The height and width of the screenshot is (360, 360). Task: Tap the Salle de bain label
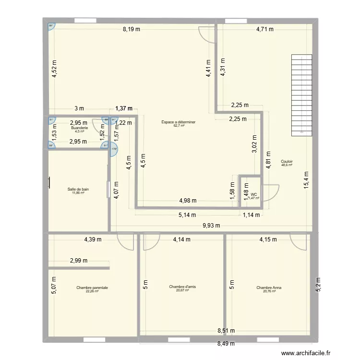point(78,189)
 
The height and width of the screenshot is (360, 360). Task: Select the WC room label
point(253,194)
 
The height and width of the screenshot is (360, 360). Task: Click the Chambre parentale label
point(92,288)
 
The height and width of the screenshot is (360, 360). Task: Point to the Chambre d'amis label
point(182,287)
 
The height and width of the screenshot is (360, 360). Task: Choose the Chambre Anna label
point(269,288)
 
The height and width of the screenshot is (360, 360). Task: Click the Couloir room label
point(287,162)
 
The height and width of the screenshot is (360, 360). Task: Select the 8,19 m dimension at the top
point(132,29)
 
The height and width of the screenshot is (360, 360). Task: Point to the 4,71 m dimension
point(264,29)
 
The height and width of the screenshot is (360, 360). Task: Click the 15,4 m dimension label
point(308,182)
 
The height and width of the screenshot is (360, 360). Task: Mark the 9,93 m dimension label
point(211,225)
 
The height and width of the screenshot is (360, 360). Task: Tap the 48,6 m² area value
point(287,165)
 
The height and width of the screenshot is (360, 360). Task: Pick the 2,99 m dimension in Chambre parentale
point(78,261)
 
